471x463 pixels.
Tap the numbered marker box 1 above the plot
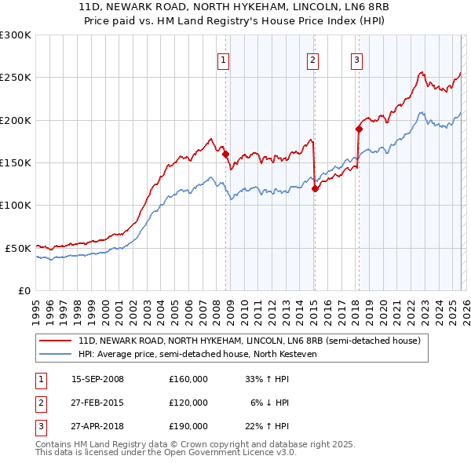[224, 60]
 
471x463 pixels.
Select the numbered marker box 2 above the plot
[312, 60]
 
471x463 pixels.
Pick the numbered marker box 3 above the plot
[356, 60]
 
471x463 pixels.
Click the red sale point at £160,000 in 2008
[225, 155]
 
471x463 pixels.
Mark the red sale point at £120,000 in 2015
[315, 188]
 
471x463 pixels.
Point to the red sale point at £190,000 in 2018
[359, 129]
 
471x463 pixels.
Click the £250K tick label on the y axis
[16, 78]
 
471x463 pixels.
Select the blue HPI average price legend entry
[196, 354]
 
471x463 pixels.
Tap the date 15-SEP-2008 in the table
[97, 379]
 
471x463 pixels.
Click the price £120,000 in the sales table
[188, 403]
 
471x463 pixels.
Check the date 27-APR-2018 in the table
[97, 426]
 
